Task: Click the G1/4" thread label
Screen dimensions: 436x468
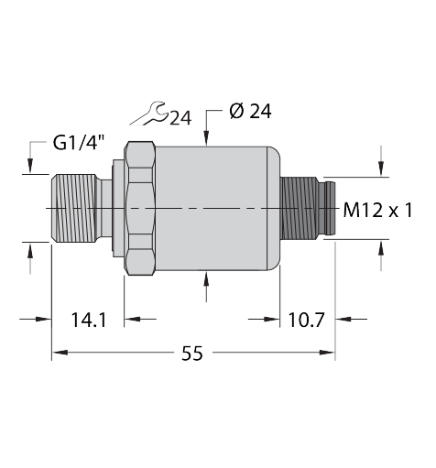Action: point(79,143)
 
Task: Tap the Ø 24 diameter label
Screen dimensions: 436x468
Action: point(250,111)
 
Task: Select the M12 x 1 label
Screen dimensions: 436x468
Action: point(377,211)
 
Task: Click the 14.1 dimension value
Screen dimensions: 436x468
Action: point(89,320)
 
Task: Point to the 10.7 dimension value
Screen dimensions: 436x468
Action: point(306,320)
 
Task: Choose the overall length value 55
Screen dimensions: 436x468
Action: point(192,354)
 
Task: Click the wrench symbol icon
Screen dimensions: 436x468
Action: point(149,114)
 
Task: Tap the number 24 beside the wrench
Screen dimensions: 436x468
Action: point(180,118)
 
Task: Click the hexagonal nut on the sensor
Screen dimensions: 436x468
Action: point(139,208)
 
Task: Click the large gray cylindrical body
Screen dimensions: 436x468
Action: point(218,208)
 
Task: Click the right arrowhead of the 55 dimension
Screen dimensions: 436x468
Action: point(327,353)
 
